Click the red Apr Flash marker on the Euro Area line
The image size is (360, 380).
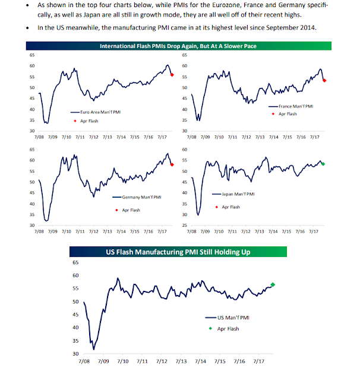(x=172, y=74)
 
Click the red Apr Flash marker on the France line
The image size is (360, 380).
(x=324, y=80)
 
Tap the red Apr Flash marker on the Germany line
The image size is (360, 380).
(x=172, y=164)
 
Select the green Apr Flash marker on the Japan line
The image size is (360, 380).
(x=323, y=163)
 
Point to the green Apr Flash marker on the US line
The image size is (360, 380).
(x=273, y=284)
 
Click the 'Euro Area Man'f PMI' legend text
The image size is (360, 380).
(x=97, y=112)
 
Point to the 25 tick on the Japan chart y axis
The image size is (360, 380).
(x=185, y=226)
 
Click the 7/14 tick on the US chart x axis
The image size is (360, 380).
(x=200, y=360)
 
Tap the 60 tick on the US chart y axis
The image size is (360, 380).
(x=75, y=275)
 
